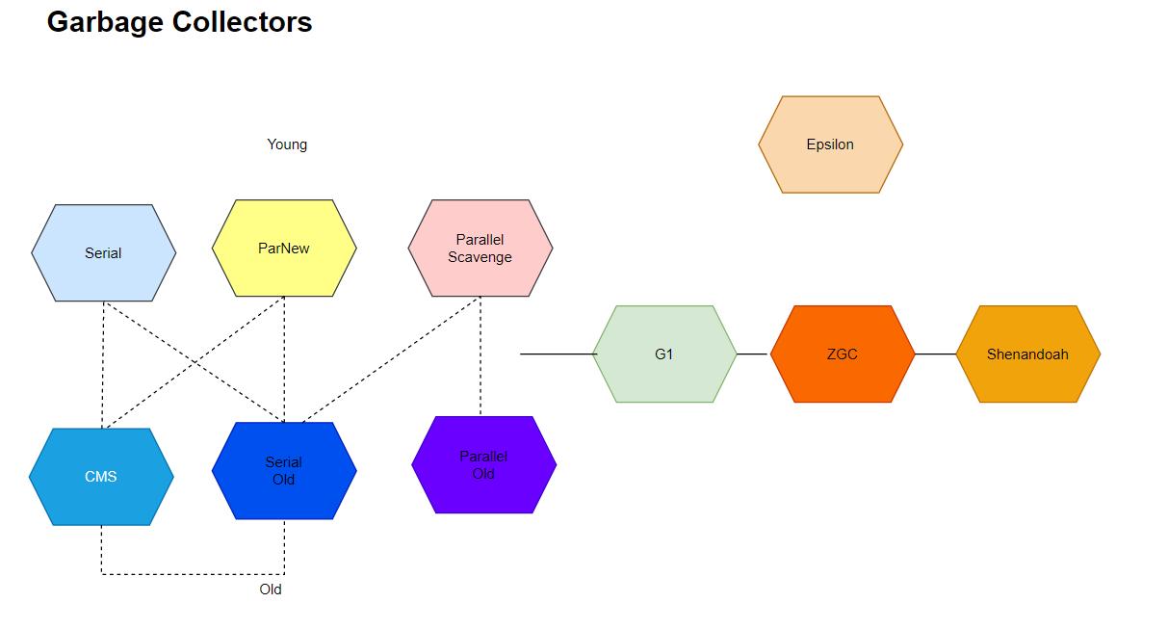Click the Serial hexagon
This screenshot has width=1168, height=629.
[x=103, y=253]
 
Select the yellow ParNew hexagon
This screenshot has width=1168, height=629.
[x=284, y=249]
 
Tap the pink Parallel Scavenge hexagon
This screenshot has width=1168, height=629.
[x=480, y=249]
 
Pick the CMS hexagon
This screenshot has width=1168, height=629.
[x=101, y=477]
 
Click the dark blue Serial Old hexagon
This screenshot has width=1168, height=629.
[x=284, y=471]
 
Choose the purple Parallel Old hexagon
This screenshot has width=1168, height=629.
[x=483, y=465]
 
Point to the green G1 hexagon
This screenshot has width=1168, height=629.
[x=664, y=354]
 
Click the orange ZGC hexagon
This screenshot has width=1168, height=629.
[x=842, y=354]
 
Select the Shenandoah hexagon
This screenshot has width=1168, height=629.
[x=1027, y=354]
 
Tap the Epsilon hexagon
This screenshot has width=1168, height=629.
[x=830, y=144]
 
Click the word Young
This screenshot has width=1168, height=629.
[x=287, y=144]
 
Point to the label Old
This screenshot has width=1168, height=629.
[x=271, y=590]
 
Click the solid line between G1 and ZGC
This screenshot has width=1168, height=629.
[x=753, y=354]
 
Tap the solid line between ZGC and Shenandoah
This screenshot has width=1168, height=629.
[x=935, y=354]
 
